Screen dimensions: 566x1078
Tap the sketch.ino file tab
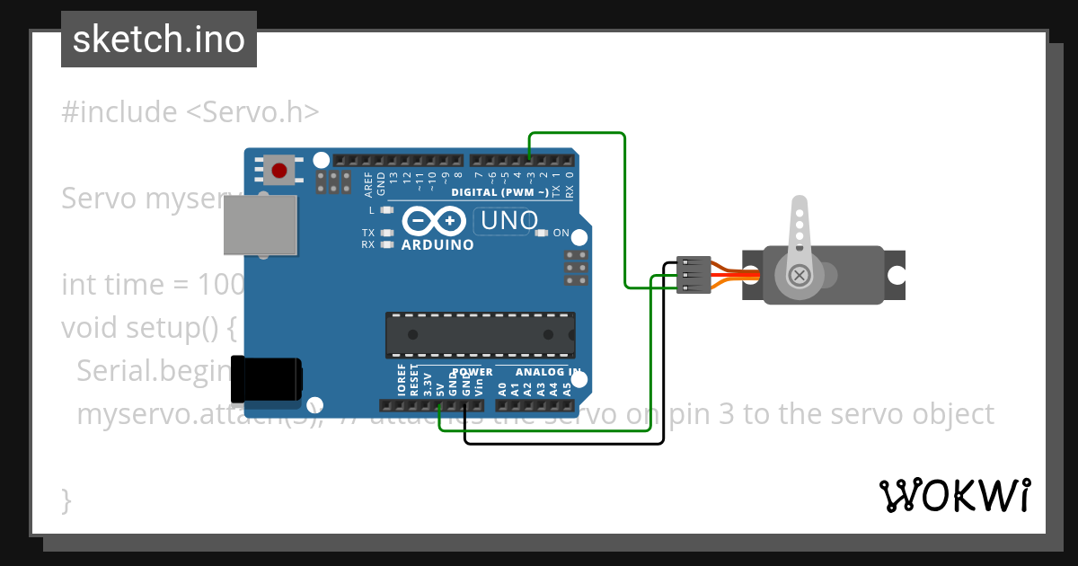[x=159, y=40]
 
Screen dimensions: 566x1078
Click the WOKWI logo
[x=954, y=495]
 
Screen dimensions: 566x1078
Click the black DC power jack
[x=267, y=379]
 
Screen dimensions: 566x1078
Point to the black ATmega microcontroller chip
[x=480, y=333]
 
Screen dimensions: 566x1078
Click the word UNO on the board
[x=509, y=220]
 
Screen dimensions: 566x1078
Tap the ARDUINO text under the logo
[x=437, y=244]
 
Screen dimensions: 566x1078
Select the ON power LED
[x=541, y=233]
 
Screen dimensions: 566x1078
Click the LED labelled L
[x=387, y=210]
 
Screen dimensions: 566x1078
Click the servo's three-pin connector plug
[x=694, y=275]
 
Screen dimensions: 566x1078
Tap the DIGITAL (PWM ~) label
[x=500, y=193]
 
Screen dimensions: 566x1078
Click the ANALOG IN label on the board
[x=548, y=372]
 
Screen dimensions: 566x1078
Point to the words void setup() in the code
[x=148, y=328]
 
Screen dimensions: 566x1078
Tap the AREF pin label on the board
[x=368, y=184]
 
